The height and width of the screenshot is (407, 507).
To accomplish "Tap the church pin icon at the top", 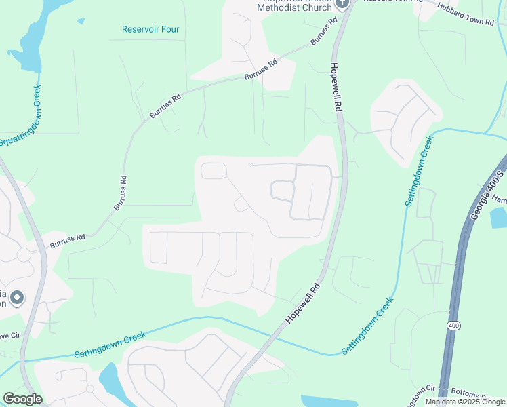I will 342,3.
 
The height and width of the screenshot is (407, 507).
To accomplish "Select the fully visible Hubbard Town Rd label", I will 466,16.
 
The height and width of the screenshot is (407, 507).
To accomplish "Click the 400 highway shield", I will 453,326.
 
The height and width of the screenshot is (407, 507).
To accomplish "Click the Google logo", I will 22,399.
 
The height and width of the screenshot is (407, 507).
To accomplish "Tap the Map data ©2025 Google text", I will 466,402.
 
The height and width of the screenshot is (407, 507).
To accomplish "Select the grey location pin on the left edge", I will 17,298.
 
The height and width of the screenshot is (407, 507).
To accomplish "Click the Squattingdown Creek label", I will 20,116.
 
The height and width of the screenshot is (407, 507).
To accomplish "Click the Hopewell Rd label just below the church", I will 336,88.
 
